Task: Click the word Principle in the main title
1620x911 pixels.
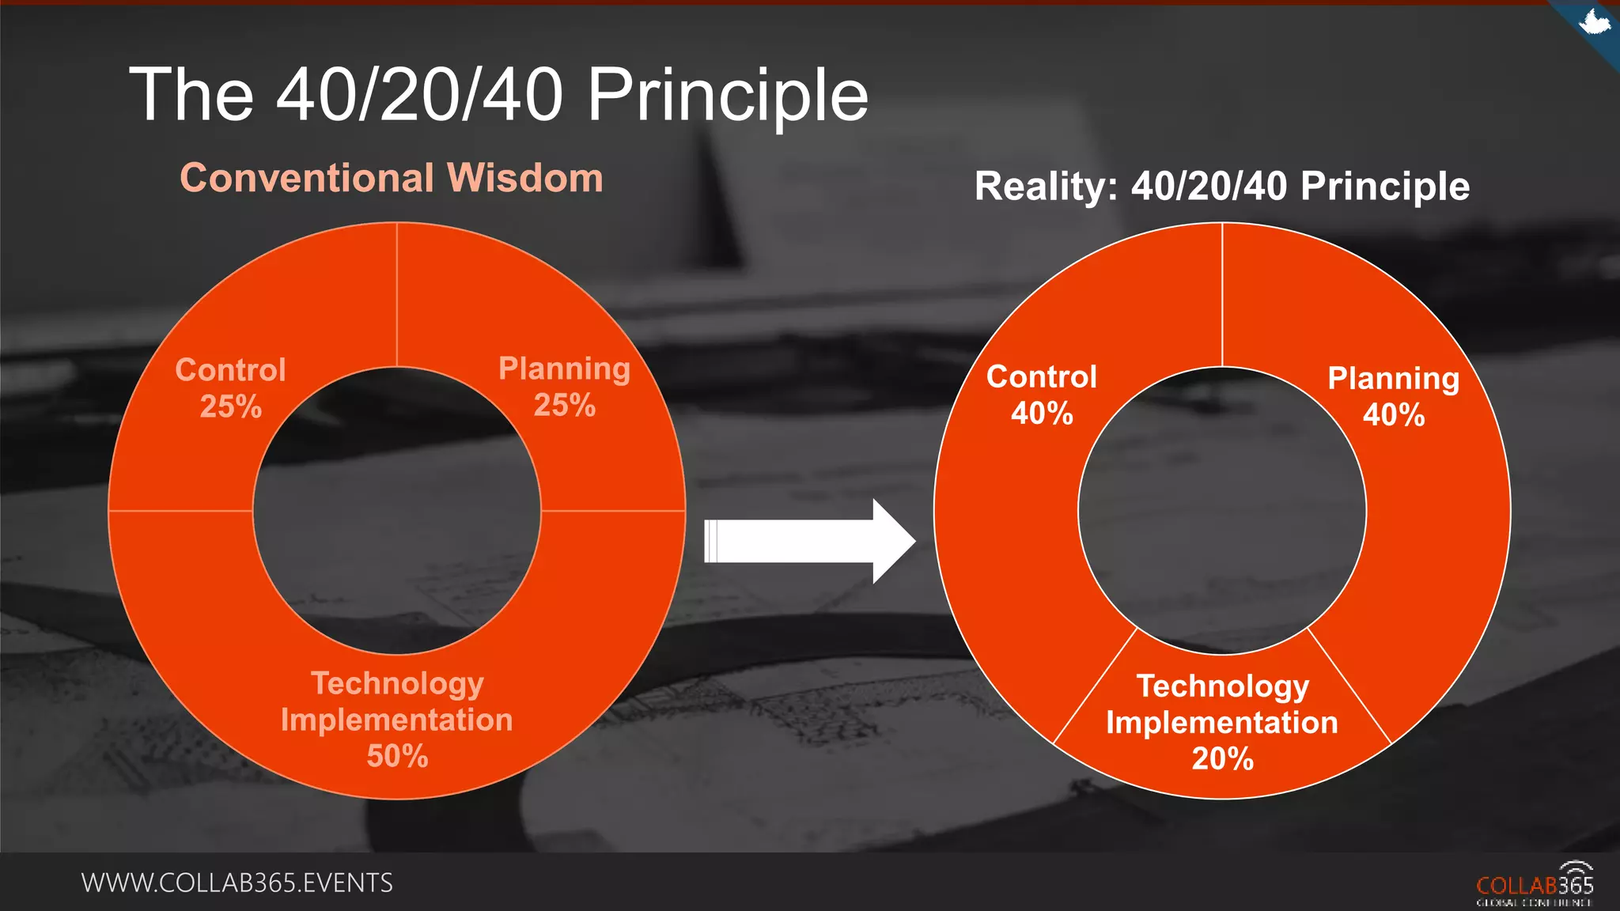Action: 727,95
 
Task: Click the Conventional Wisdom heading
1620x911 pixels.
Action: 392,178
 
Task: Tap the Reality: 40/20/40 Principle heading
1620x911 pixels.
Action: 1221,187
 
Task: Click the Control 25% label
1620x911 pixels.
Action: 230,387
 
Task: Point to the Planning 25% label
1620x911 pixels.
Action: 564,387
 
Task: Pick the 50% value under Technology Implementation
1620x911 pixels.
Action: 397,756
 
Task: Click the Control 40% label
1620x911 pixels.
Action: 1041,395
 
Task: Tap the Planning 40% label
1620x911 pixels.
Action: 1393,396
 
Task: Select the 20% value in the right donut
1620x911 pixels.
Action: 1222,759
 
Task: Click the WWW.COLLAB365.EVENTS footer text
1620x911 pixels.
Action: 237,883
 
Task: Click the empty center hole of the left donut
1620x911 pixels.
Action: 397,511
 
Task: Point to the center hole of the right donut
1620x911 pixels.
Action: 1222,511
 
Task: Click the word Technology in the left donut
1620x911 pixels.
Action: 397,683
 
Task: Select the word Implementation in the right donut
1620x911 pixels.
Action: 1221,723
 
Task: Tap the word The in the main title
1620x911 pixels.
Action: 191,95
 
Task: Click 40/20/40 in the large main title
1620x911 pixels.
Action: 419,95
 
